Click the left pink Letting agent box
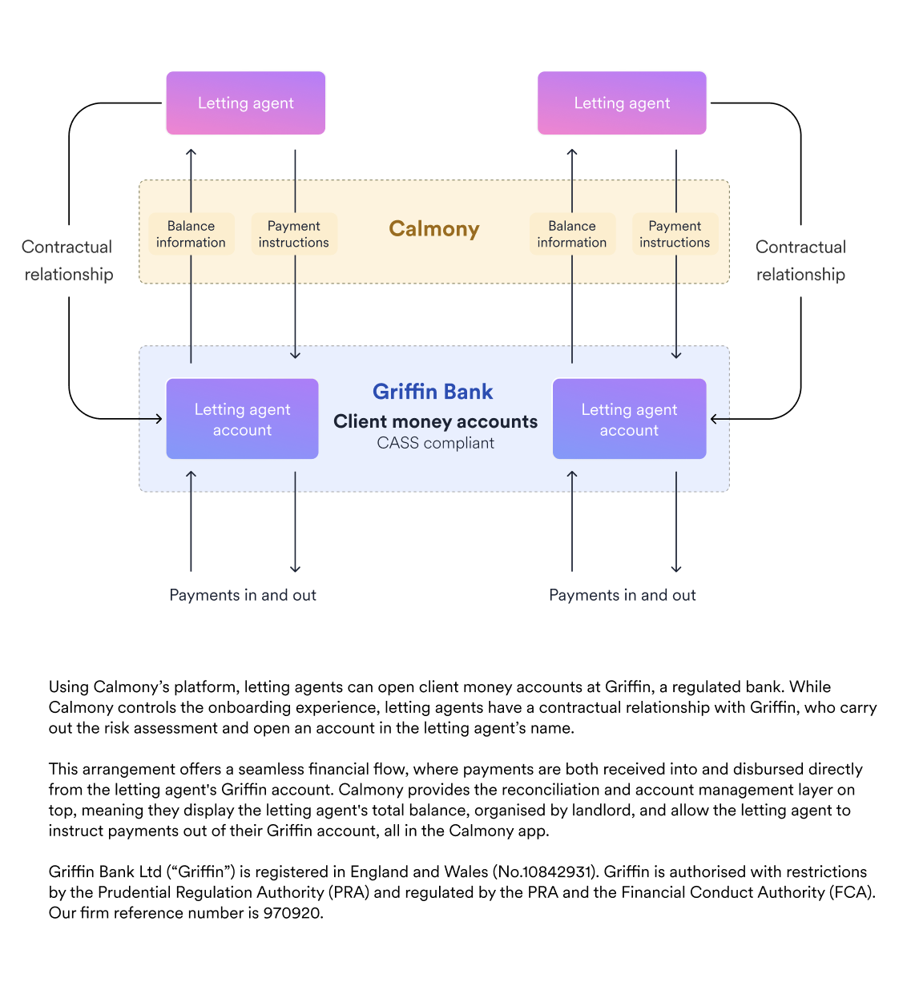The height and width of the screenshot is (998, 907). pos(245,103)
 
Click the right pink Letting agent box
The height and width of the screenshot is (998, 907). pos(621,103)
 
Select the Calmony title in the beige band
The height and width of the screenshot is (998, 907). pos(433,229)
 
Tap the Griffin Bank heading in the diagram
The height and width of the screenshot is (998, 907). pos(433,392)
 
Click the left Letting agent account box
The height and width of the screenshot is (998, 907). pos(242,418)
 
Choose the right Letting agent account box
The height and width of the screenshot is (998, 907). pos(629,418)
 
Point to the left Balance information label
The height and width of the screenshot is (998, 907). pos(191,234)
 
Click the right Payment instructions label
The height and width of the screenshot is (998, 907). pos(675,234)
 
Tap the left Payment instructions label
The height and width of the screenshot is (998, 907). pos(294,234)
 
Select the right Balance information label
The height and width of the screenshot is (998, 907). pos(571,234)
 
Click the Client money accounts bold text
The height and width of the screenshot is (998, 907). pos(436,421)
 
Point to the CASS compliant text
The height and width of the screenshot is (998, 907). pos(436,443)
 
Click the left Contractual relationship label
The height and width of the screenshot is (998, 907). pos(67,260)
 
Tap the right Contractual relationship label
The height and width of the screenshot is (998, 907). pos(800,260)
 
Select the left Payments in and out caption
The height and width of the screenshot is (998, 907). pos(243,594)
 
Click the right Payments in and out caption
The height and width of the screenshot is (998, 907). pos(623,594)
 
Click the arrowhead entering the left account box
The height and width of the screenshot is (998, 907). pos(159,419)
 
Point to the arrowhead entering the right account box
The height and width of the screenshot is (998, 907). pos(713,419)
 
